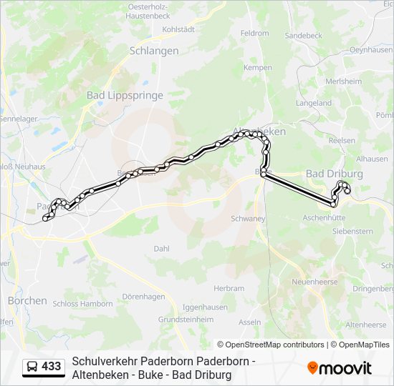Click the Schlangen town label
154,51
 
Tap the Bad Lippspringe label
125,95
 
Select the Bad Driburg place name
334,174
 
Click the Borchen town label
27,301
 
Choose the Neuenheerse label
314,282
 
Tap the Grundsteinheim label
187,320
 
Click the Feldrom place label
254,33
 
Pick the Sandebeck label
303,35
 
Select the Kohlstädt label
178,30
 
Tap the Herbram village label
229,288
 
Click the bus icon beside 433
32,367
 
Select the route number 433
51,367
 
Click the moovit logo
340,368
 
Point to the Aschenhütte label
325,217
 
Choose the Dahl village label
161,249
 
